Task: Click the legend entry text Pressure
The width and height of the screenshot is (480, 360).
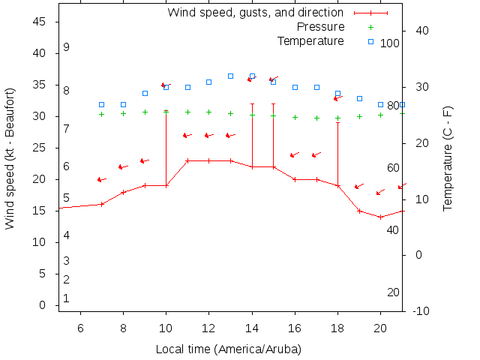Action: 320,27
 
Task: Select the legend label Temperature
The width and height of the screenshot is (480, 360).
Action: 310,40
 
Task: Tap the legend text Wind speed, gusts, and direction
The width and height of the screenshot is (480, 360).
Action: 255,13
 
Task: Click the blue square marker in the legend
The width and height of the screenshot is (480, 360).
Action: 370,41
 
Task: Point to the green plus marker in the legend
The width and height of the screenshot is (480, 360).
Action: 370,27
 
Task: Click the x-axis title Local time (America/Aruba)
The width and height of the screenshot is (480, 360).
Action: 229,349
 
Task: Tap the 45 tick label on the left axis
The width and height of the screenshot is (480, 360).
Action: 40,22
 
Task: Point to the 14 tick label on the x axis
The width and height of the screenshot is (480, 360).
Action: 252,327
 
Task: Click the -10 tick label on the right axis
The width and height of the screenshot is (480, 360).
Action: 420,310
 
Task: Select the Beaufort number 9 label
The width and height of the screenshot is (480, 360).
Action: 66,47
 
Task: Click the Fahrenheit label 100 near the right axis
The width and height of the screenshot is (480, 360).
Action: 390,43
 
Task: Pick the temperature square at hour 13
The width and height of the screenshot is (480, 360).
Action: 230,76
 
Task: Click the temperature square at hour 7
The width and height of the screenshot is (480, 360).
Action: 102,104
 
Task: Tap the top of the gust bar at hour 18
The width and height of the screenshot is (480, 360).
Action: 338,122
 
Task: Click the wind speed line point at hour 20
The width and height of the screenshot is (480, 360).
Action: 381,217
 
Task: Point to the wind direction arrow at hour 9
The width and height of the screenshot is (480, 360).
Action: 145,160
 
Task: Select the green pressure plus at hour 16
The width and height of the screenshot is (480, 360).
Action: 295,117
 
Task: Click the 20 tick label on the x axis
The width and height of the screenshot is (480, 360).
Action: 381,327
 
